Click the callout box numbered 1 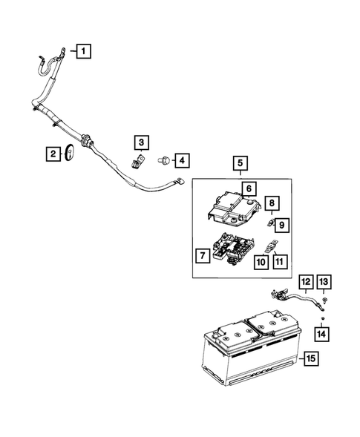(85, 51)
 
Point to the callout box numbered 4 (180, 159)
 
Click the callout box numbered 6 (249, 188)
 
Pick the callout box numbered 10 (260, 261)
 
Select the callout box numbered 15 (310, 358)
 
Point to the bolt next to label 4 (163, 159)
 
